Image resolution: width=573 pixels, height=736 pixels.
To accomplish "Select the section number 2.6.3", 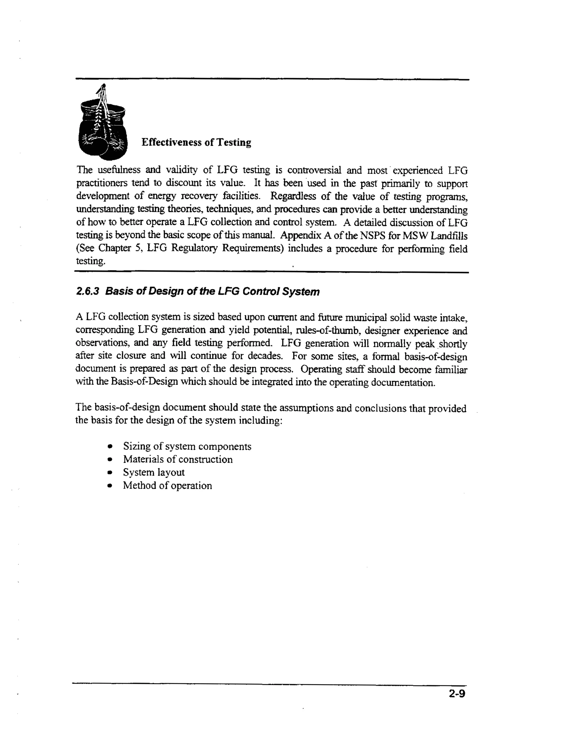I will (88, 291).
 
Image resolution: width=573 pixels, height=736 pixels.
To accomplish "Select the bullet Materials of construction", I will (178, 459).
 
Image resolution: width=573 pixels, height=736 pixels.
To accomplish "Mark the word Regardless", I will (288, 196).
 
